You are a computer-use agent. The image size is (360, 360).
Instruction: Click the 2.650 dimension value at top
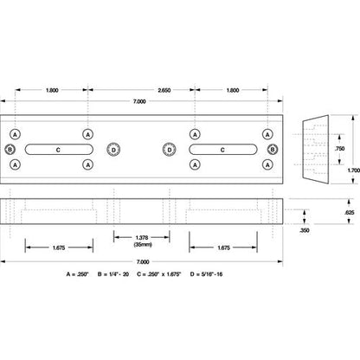click(164, 90)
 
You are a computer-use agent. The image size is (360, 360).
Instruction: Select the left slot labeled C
click(59, 150)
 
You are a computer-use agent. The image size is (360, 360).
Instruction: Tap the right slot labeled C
click(223, 150)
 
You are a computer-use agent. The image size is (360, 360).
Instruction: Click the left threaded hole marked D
click(113, 150)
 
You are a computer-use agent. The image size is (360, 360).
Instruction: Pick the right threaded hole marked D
click(170, 150)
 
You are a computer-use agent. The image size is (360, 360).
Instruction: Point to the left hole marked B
click(10, 150)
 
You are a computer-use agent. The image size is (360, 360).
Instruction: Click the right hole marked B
click(273, 150)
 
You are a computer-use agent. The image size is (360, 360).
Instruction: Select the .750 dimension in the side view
click(339, 149)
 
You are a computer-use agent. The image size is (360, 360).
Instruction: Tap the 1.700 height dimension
click(354, 170)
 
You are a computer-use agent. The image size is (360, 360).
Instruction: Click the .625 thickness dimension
click(349, 213)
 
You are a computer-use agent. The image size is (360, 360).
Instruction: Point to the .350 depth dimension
click(305, 230)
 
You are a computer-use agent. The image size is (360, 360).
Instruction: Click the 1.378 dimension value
click(142, 238)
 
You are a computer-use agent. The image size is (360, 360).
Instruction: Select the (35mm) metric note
click(143, 245)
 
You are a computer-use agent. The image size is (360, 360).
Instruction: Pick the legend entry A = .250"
click(77, 274)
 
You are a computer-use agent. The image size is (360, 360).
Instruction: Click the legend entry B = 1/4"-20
click(113, 274)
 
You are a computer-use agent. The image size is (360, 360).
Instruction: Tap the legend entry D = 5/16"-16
click(206, 274)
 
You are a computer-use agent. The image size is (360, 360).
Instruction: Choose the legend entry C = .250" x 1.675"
click(159, 274)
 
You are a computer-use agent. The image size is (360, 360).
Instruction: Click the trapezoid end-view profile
click(316, 150)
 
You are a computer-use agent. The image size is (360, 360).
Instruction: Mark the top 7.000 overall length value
click(139, 101)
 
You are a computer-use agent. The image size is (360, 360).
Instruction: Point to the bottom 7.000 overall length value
click(143, 262)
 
